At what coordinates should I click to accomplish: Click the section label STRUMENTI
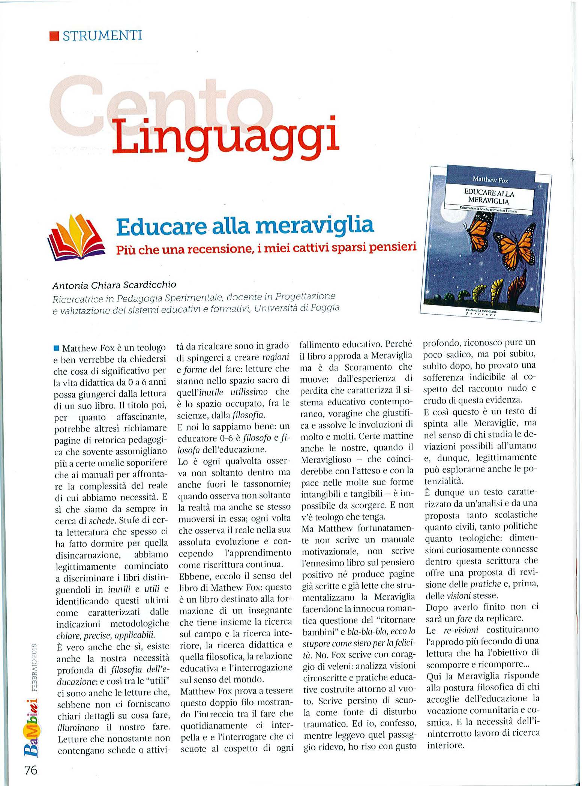coord(102,36)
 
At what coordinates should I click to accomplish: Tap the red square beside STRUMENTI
coord(55,36)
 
